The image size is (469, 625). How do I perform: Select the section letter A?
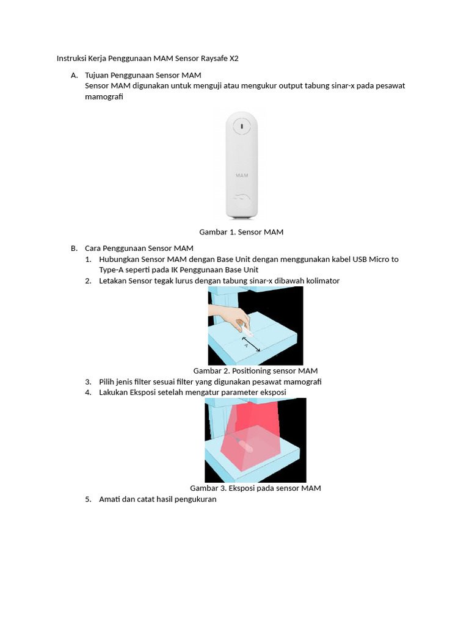pos(74,75)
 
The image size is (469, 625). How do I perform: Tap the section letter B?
pos(74,248)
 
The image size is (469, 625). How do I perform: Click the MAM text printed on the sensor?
pos(242,175)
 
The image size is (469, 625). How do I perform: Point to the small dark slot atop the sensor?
pos(242,126)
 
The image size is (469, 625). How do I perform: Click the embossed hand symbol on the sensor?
pos(242,198)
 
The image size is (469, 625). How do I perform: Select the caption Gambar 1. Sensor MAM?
pos(241,232)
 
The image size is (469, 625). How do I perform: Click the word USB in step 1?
pos(360,259)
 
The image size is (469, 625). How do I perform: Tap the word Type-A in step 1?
pos(113,270)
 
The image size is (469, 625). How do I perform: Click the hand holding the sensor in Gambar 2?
pos(229,315)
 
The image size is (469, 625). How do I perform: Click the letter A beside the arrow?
pos(246,346)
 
